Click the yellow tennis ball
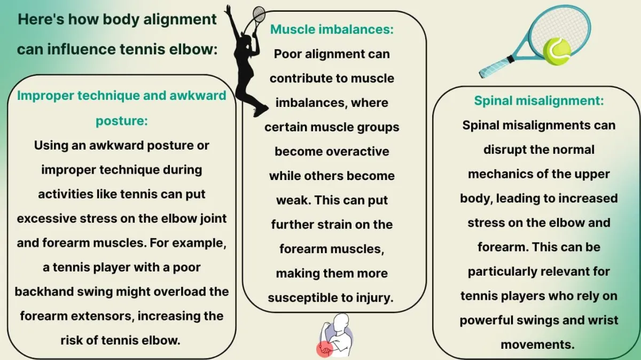pyautogui.click(x=556, y=51)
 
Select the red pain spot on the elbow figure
pyautogui.click(x=324, y=349)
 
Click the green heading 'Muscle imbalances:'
pyautogui.click(x=332, y=29)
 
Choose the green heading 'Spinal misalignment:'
pyautogui.click(x=539, y=101)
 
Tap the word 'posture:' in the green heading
pyautogui.click(x=122, y=121)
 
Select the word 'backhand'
pyautogui.click(x=44, y=292)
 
